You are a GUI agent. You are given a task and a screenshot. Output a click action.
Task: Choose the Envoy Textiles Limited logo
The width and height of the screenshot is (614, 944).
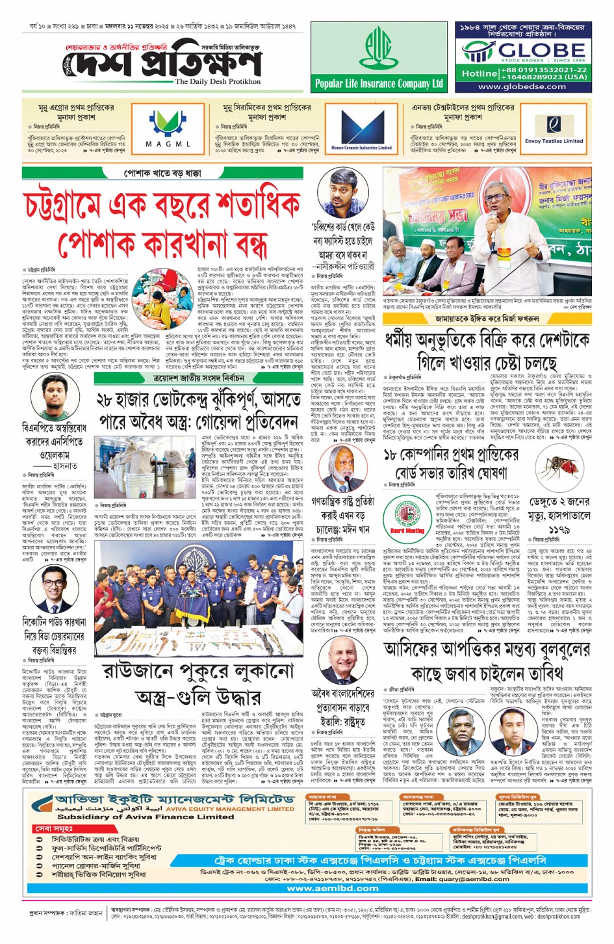click(x=554, y=127)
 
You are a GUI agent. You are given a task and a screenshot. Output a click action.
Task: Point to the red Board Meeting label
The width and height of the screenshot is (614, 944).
click(x=407, y=531)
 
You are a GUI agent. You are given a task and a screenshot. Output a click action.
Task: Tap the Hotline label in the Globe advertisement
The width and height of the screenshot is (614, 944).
click(x=479, y=73)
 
